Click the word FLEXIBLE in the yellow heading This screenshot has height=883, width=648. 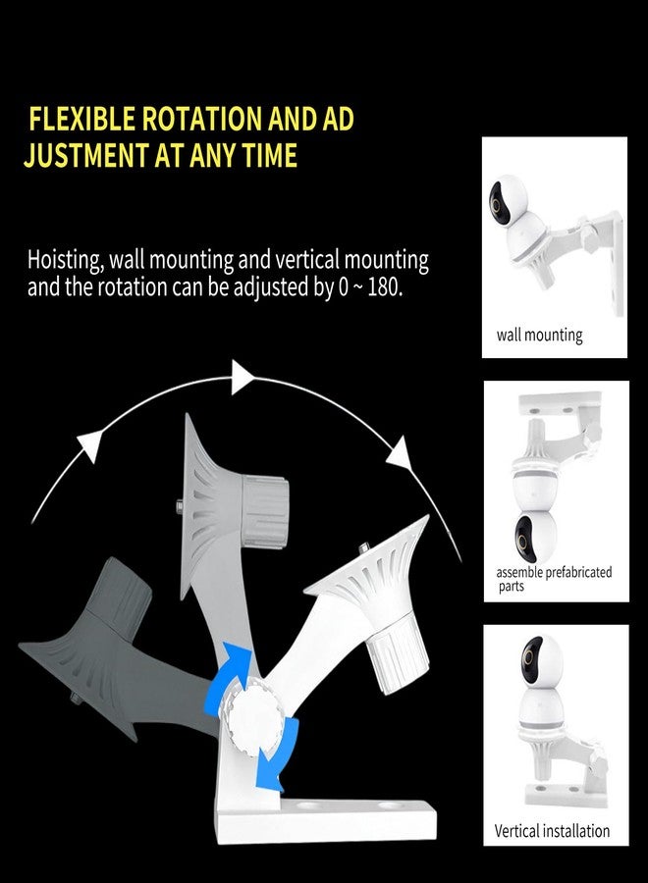81,119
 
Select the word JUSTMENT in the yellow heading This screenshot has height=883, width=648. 86,155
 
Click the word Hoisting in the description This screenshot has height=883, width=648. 66,261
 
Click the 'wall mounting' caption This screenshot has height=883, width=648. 539,336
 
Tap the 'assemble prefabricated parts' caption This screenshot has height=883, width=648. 554,579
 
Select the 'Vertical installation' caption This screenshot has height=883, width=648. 552,831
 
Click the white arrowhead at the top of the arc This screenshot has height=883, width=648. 243,377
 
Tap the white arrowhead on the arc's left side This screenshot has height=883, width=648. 90,444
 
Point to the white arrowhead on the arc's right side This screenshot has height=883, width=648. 399,454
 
